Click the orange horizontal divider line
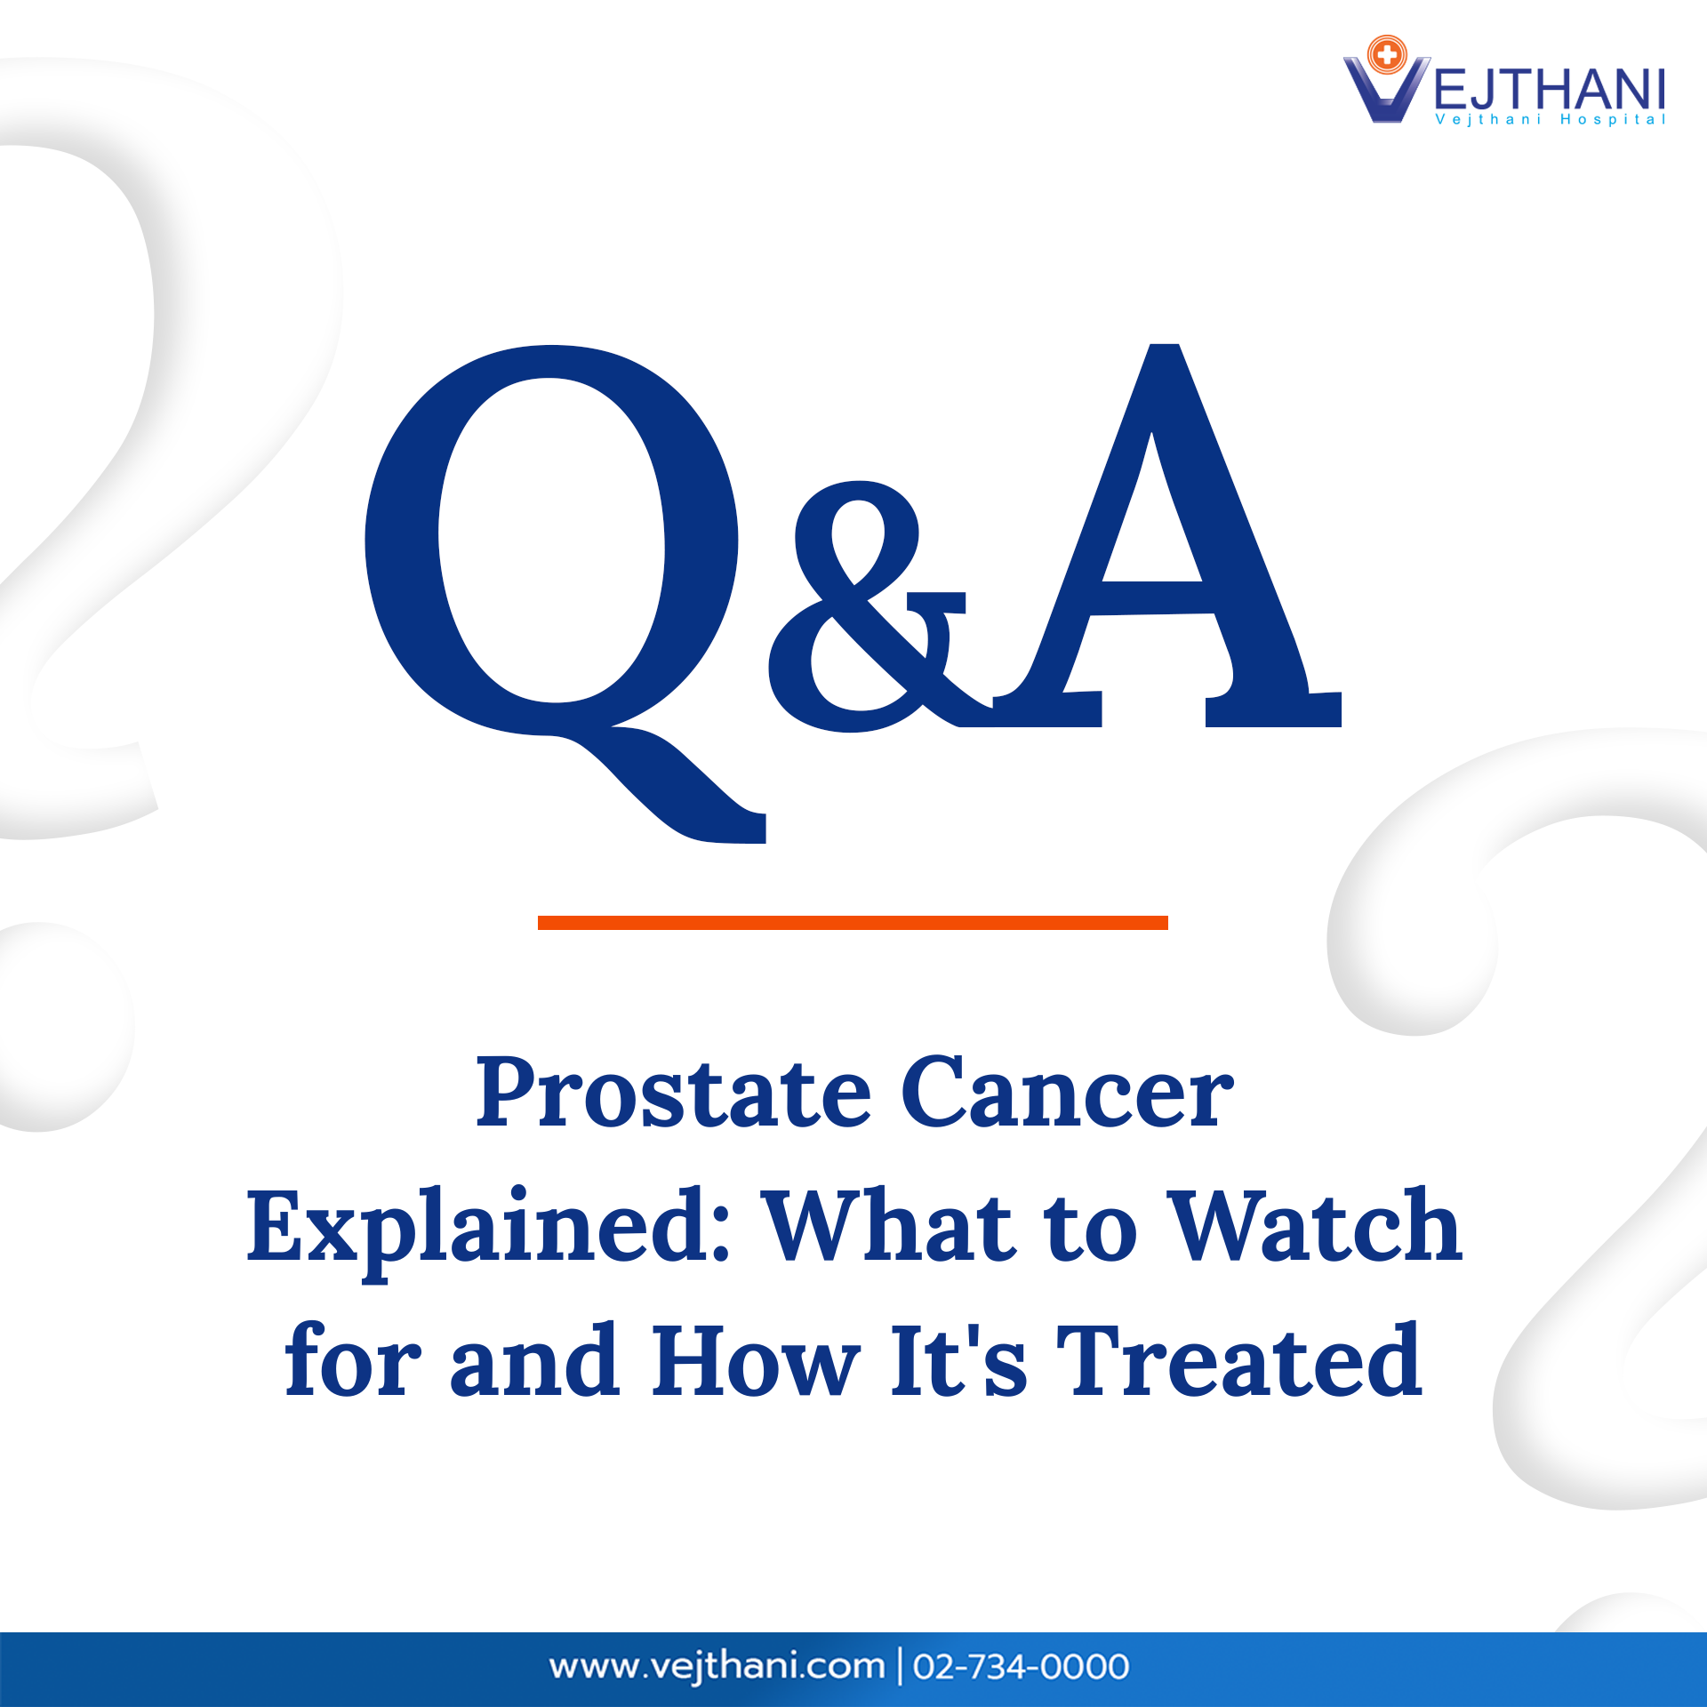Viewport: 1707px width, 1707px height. coord(852,923)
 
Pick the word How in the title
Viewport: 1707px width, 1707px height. coord(756,1362)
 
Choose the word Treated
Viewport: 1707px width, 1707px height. coord(1239,1362)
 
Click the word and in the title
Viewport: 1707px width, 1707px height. coord(534,1362)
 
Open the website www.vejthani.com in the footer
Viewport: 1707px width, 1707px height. coord(717,1666)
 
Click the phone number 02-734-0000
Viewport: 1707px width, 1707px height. coord(1021,1667)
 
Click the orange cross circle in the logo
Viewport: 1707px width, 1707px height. coord(1386,55)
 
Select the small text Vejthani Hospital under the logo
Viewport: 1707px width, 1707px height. coord(1550,120)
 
